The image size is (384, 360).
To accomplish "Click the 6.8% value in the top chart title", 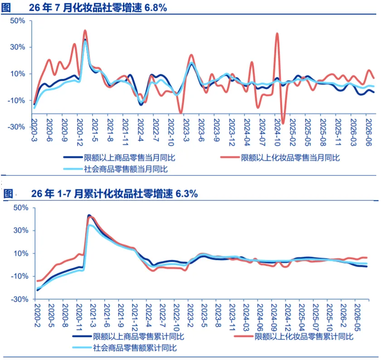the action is [156, 8].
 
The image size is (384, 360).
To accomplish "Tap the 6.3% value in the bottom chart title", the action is [187, 194].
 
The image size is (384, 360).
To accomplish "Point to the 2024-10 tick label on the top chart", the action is [277, 132].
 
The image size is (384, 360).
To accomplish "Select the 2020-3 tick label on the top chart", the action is [34, 130].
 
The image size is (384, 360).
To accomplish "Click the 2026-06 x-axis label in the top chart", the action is [369, 132].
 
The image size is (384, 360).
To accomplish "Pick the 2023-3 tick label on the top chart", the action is [186, 130].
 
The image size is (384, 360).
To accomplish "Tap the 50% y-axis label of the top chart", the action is [18, 20].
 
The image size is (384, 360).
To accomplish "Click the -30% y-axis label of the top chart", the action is [16, 127].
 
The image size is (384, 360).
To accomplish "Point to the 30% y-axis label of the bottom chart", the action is [21, 230].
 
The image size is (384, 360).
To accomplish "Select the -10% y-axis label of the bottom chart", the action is [19, 276].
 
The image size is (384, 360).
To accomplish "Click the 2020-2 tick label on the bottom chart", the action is [37, 316].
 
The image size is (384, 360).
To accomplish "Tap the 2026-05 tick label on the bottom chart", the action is [358, 318].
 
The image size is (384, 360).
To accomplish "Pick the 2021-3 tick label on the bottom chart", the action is [93, 316].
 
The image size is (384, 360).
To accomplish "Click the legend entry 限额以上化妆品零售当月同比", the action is [280, 158].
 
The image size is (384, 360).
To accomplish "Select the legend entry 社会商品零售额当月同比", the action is [116, 169].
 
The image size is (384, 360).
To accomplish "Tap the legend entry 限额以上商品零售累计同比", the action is [128, 336].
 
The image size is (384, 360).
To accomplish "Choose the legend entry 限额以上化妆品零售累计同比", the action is [294, 336].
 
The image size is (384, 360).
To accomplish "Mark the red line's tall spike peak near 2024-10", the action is [277, 33].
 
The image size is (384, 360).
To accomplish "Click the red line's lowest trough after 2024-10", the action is [283, 123].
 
